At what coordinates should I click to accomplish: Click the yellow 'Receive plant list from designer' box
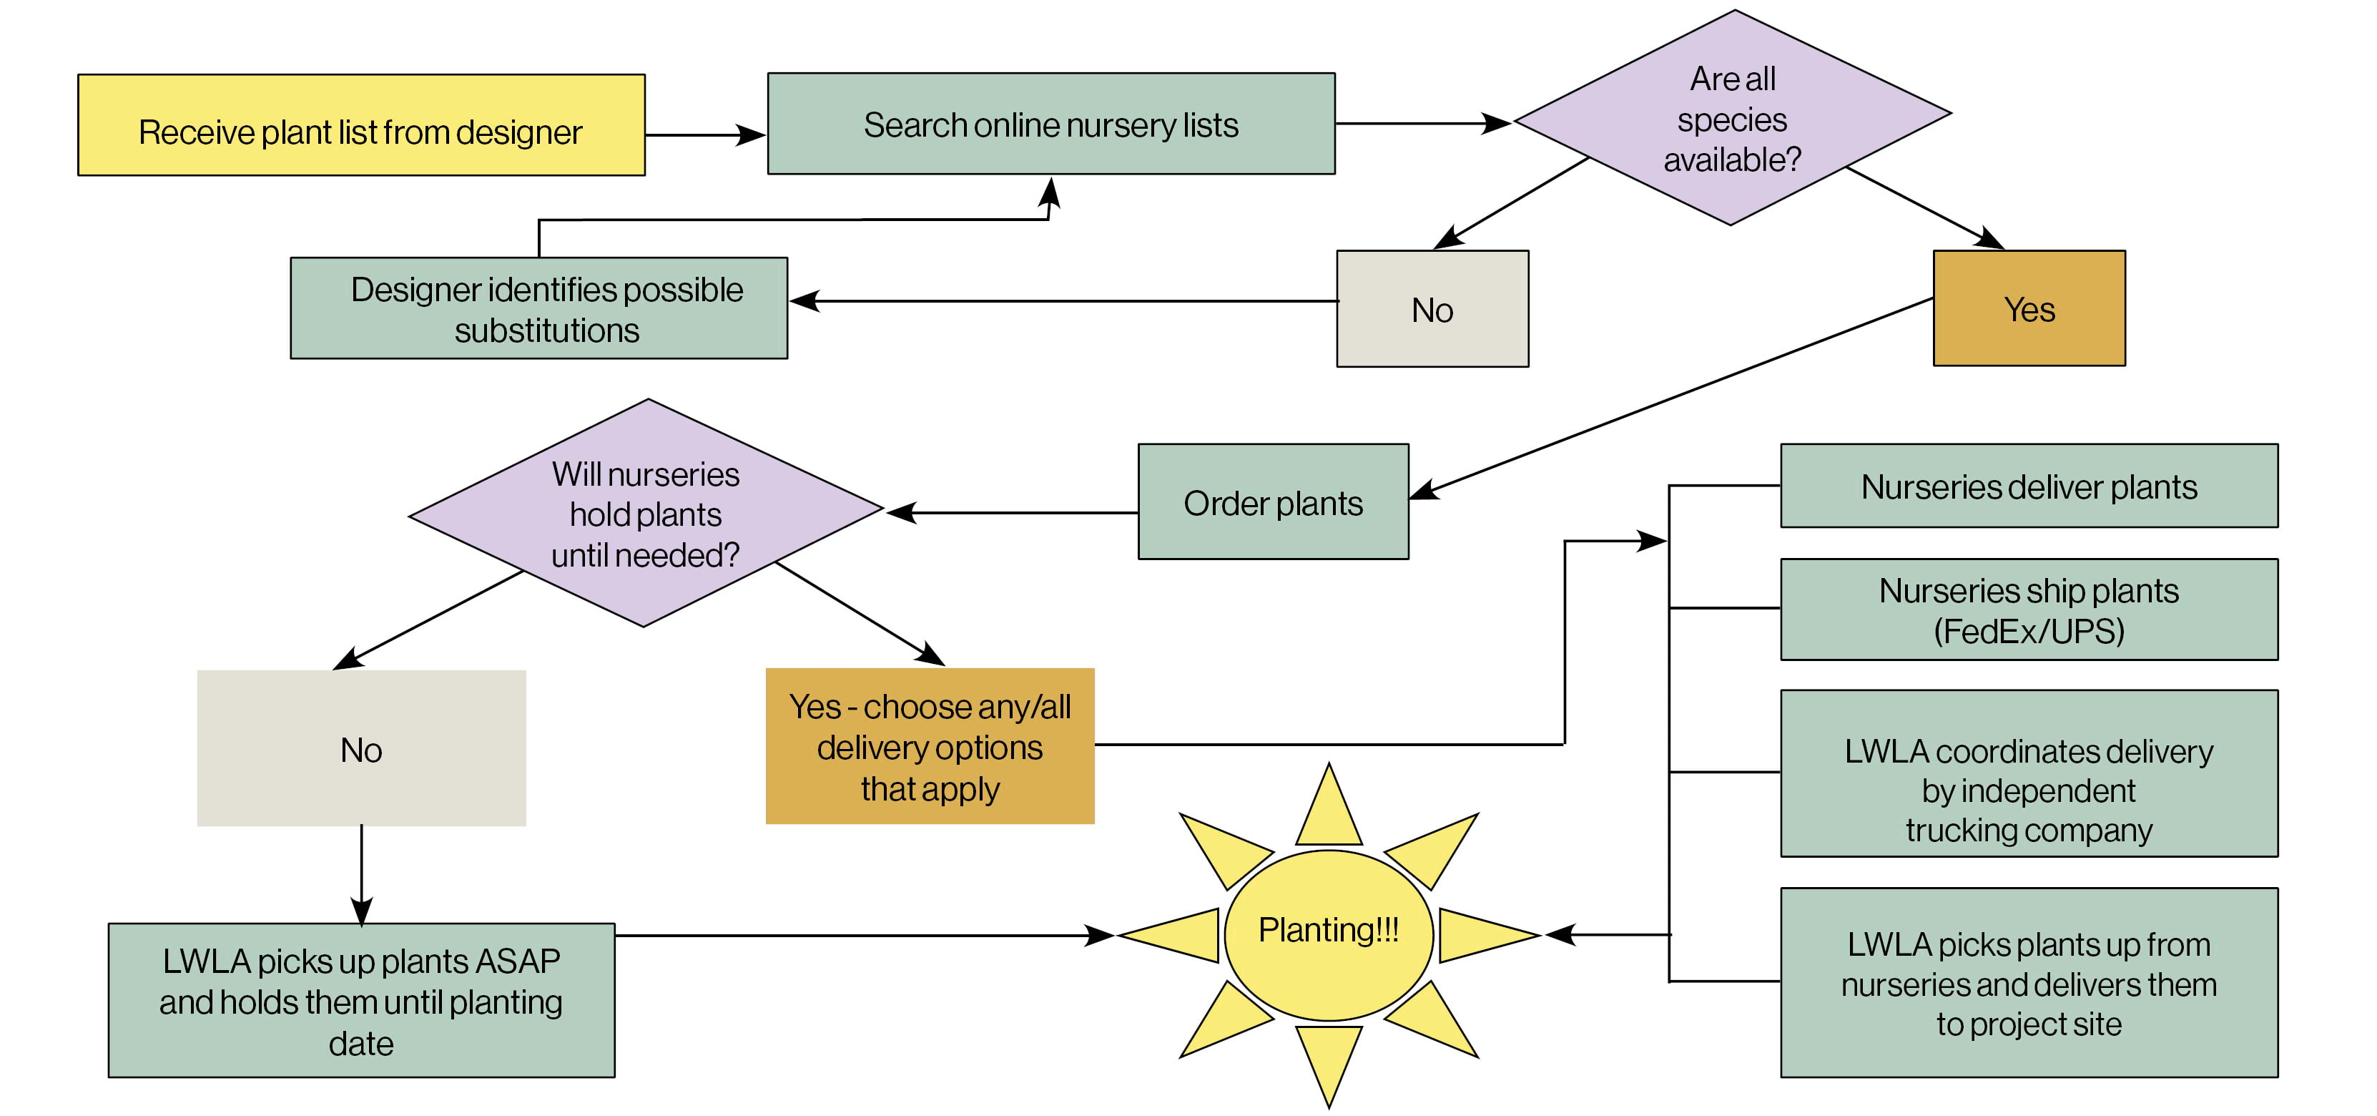point(361,125)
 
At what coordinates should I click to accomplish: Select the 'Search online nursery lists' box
point(1051,124)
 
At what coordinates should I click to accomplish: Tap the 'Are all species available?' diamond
point(1732,118)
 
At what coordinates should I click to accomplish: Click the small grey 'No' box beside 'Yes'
point(1432,309)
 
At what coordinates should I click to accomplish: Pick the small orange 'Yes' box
point(2029,308)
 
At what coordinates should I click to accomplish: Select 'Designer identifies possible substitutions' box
point(539,308)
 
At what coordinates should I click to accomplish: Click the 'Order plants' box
point(1274,502)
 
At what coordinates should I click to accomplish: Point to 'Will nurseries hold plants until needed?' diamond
point(646,513)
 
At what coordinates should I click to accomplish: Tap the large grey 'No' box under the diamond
point(361,748)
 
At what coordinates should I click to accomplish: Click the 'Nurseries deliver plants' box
point(2029,486)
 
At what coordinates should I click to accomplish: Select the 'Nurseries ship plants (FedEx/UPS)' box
point(2029,610)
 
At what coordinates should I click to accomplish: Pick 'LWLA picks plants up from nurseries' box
point(2029,982)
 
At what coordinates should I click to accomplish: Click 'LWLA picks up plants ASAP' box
point(361,1001)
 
